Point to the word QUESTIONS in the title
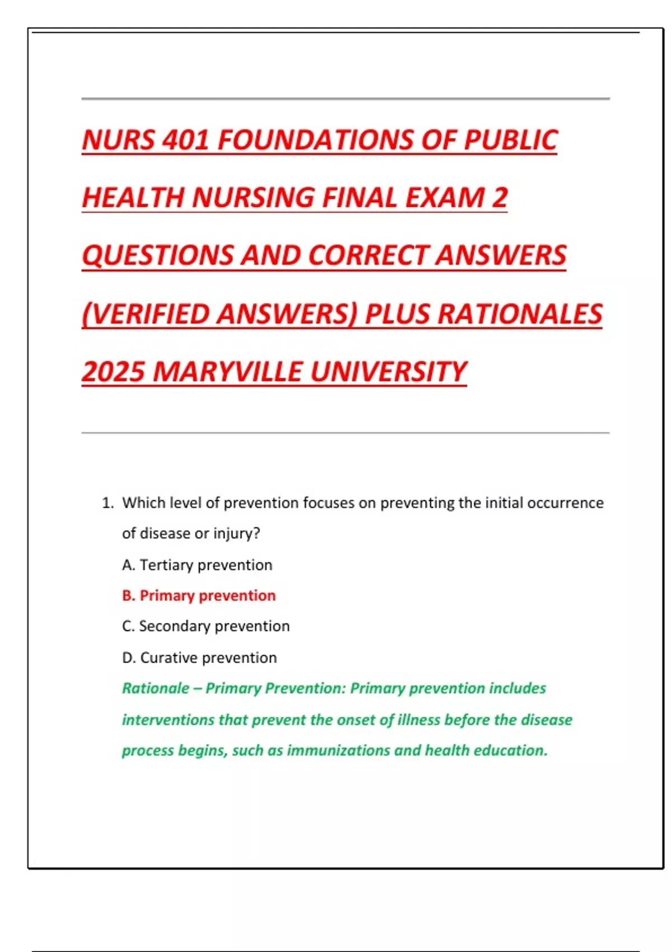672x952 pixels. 157,256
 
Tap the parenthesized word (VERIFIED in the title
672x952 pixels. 146,314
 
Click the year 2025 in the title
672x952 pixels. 113,372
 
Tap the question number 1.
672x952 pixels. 107,503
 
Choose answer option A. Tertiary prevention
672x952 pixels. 197,565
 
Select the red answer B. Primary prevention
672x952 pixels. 199,596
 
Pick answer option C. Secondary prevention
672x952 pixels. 206,626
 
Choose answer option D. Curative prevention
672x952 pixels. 199,657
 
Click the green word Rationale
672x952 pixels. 156,688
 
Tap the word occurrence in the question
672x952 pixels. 565,503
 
